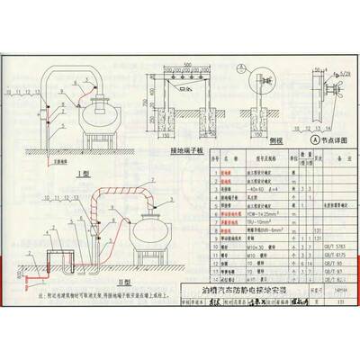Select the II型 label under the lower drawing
click(99, 282)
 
